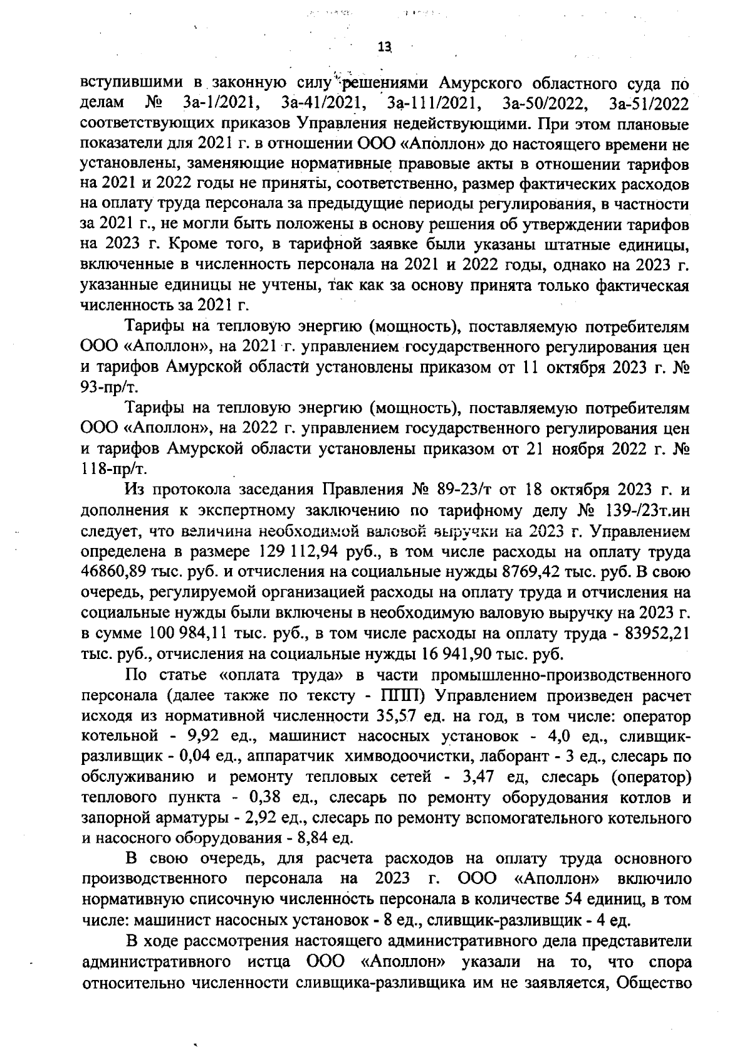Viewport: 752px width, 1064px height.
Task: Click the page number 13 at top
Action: [384, 46]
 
